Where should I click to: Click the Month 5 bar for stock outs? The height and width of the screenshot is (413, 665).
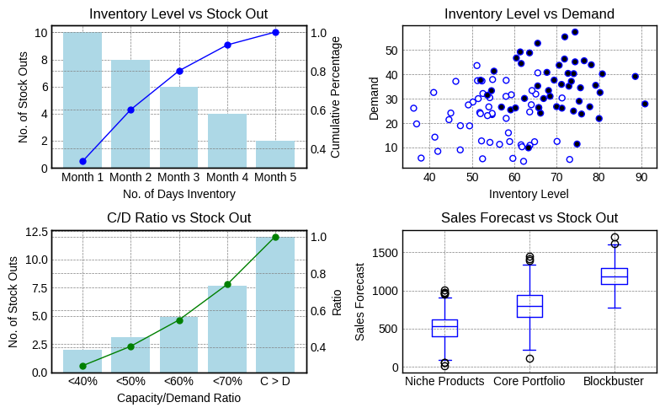coord(275,154)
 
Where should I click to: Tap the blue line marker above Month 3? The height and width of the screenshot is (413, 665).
coord(179,71)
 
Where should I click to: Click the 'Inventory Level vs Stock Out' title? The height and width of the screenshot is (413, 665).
coord(178,13)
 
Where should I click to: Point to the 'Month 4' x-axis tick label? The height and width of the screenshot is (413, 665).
coord(227,177)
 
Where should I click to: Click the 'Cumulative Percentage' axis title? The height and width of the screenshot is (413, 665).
coord(335,97)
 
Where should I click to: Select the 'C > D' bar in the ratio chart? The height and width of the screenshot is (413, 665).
coord(275,304)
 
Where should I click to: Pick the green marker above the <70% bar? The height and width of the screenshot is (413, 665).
coord(227,284)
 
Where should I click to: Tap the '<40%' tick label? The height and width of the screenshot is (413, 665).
coord(82,381)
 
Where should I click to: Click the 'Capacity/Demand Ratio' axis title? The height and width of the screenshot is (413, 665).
coord(178,398)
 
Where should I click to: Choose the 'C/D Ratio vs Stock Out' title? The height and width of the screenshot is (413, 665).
coord(178,217)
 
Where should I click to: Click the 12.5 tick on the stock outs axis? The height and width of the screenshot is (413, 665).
coord(37,232)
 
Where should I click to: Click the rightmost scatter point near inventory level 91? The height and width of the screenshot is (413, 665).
coord(645,104)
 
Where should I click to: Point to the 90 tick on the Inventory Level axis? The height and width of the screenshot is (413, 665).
coord(641,177)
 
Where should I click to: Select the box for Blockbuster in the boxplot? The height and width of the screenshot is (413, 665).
coord(614,276)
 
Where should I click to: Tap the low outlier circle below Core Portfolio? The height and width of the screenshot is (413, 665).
coord(529,358)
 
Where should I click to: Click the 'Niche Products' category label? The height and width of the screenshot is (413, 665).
coord(444,381)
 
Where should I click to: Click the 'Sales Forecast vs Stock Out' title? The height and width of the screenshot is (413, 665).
coord(529,217)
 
